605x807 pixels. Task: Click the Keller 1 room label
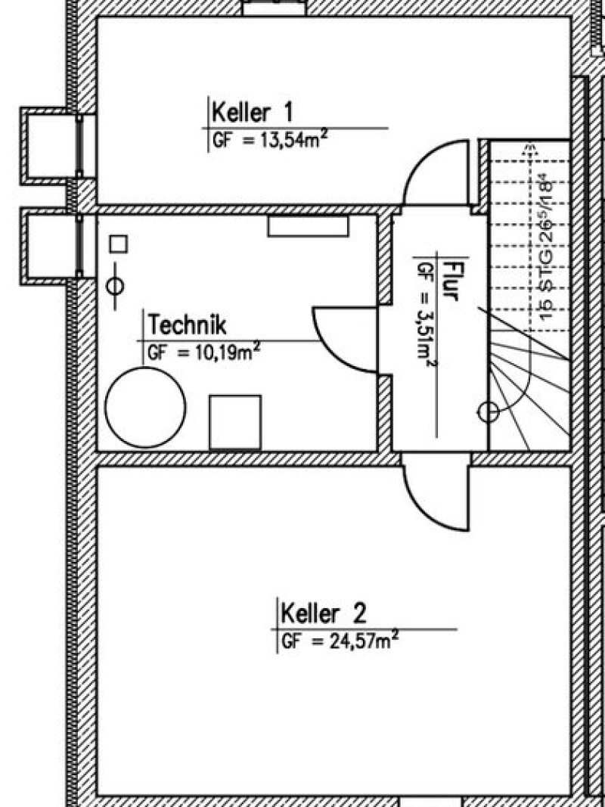[x=252, y=112]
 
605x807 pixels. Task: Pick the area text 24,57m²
[x=355, y=641]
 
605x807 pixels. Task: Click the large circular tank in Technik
[x=145, y=407]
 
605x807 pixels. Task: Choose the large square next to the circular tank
[x=235, y=422]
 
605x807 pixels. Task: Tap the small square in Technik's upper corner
[x=118, y=244]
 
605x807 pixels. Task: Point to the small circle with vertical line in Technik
[x=115, y=286]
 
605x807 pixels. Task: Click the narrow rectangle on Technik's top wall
[x=308, y=226]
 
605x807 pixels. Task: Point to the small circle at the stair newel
[x=489, y=411]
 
